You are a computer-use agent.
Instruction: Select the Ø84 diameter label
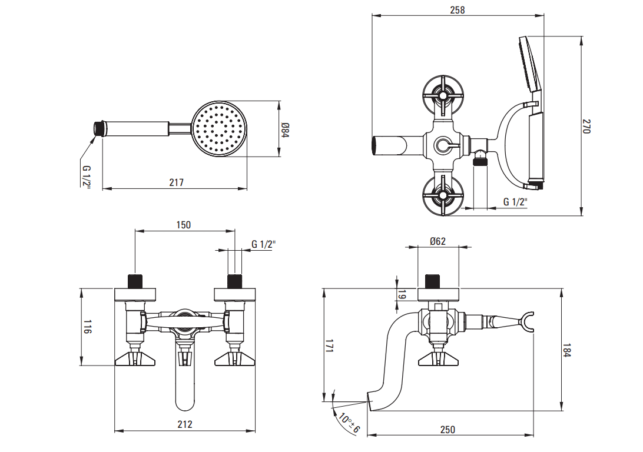(284, 130)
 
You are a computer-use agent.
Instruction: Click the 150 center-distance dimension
(184, 225)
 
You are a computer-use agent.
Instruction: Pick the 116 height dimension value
(87, 327)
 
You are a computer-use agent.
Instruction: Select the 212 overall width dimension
(184, 424)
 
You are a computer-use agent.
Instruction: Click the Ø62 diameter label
(437, 241)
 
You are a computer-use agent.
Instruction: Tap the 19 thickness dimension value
(403, 295)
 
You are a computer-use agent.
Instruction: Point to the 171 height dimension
(330, 348)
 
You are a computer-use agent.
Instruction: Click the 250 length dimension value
(448, 430)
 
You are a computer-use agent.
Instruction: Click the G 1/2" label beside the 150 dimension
(263, 244)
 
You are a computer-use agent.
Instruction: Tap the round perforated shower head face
(218, 128)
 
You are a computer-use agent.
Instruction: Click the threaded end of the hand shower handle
(100, 128)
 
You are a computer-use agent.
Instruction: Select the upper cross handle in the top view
(443, 94)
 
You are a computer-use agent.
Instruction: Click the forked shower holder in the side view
(528, 322)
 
